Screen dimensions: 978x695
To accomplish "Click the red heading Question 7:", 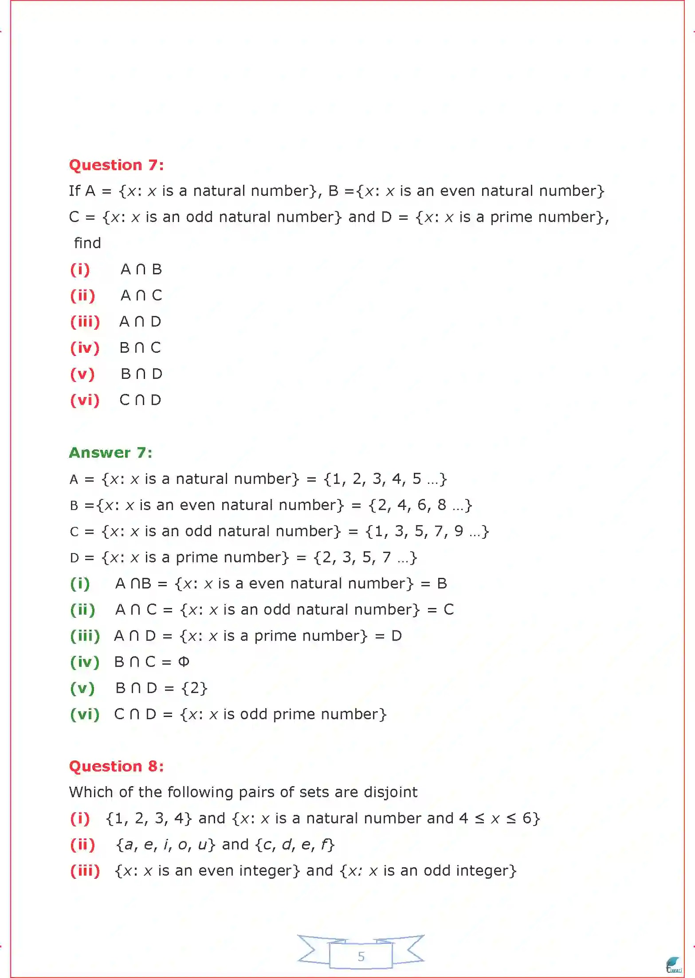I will (116, 165).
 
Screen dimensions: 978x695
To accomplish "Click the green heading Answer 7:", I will (110, 452).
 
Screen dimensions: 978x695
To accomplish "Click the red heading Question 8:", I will (116, 766).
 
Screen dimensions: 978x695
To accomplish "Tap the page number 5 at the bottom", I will (361, 956).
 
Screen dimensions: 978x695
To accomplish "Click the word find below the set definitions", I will (87, 243).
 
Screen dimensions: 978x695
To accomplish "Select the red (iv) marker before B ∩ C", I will (85, 348).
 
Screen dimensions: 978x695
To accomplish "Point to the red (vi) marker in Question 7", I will (85, 400).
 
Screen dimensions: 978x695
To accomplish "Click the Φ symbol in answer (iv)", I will (184, 662).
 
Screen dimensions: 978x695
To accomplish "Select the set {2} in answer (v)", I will (194, 688).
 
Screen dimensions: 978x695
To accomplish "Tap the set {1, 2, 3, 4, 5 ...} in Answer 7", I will (385, 479).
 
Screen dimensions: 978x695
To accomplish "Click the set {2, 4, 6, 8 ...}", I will (420, 505).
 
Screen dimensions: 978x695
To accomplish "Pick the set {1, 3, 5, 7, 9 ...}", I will (427, 531).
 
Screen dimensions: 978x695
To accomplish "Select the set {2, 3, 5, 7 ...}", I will (365, 557).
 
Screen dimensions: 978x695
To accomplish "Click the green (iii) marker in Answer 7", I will (85, 636).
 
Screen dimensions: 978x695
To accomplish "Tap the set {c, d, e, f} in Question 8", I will (294, 845).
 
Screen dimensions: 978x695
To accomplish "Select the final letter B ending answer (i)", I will (442, 584).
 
